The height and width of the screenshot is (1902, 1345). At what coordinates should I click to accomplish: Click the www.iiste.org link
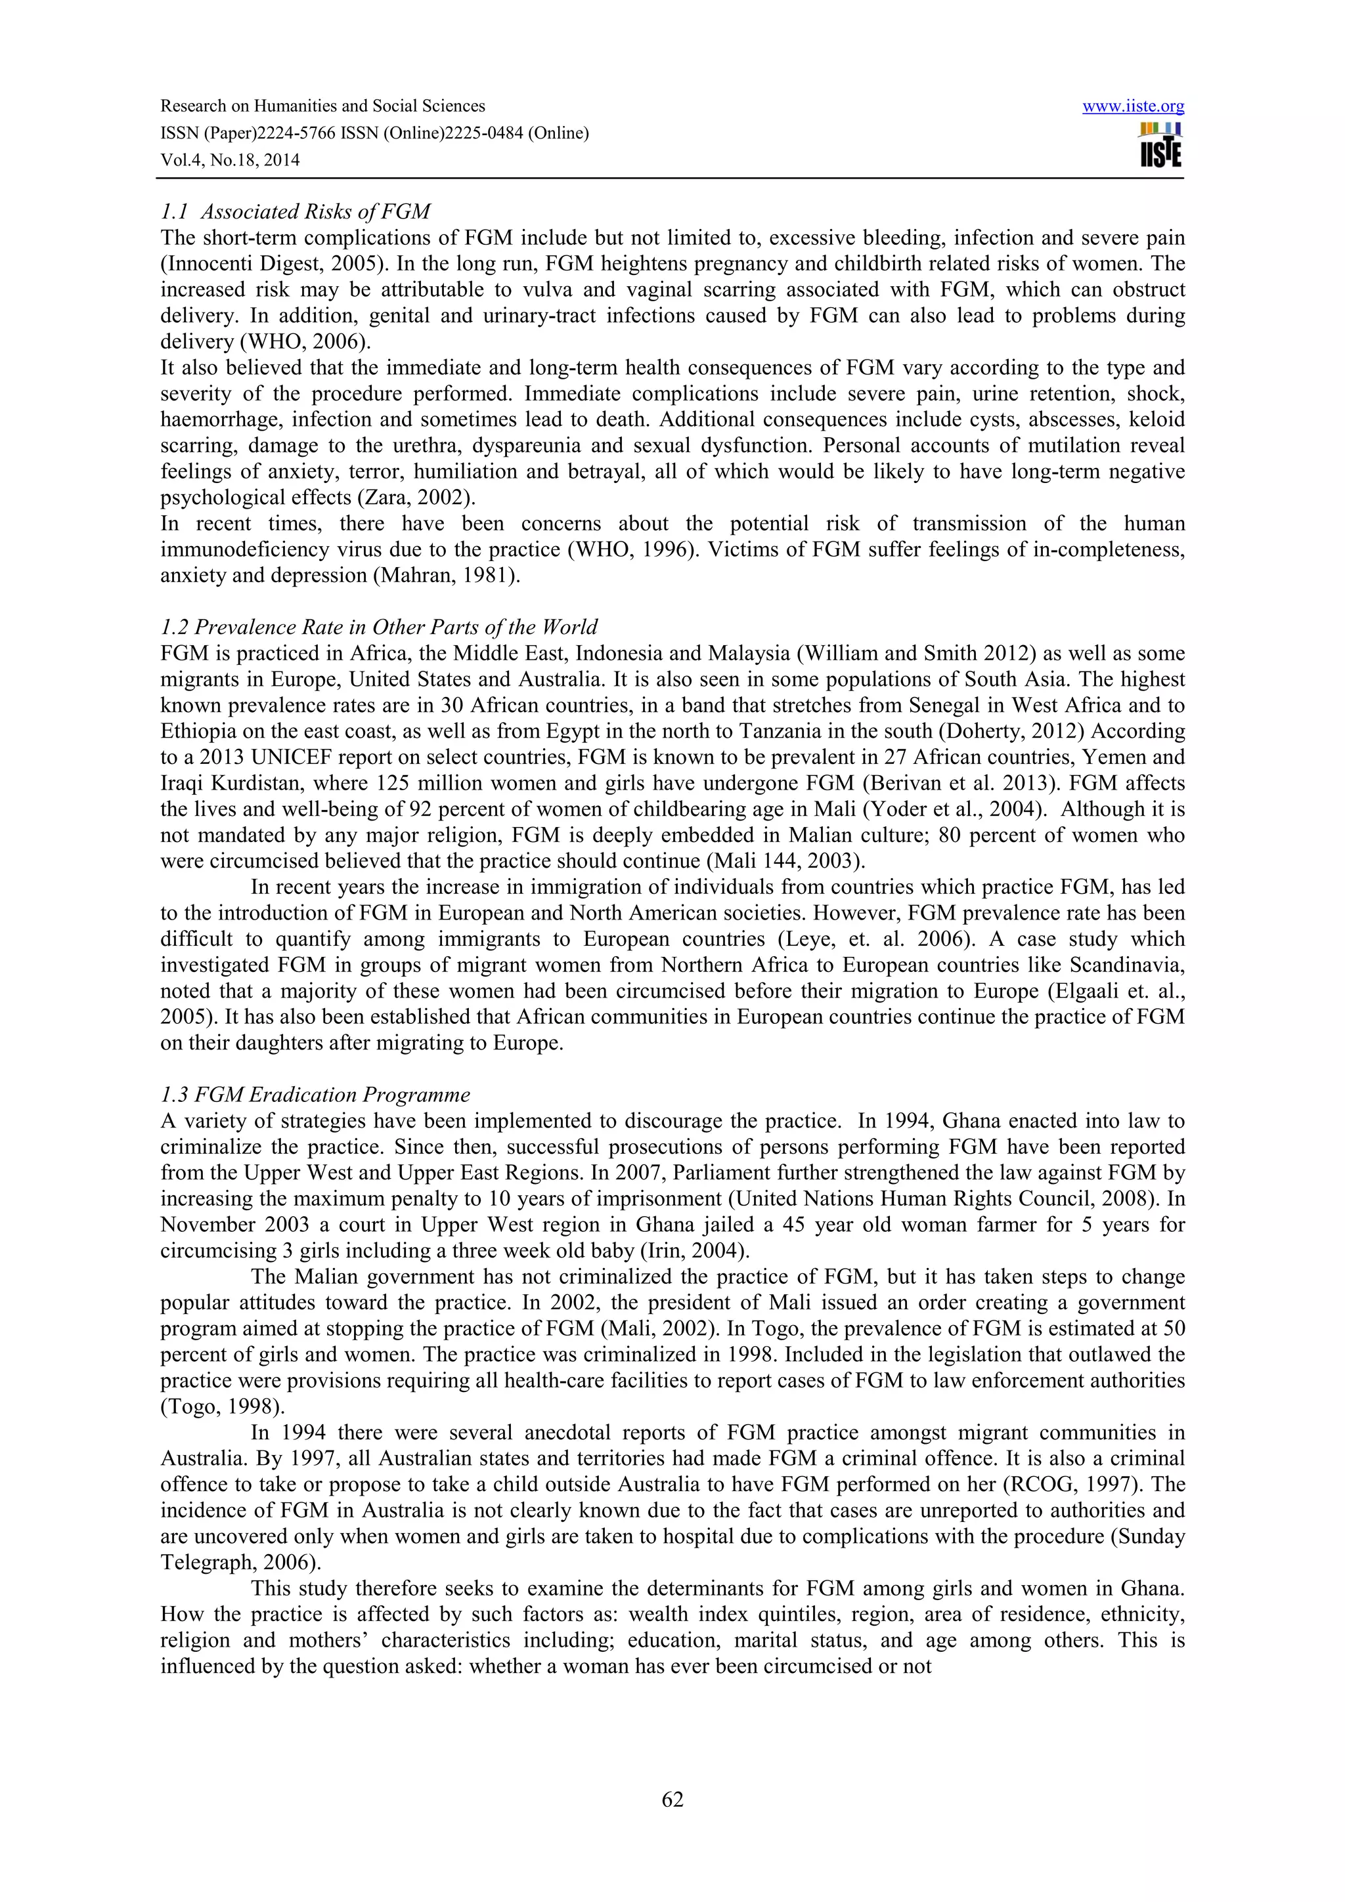coord(1133,107)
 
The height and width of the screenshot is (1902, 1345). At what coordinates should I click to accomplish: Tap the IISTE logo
coord(1160,146)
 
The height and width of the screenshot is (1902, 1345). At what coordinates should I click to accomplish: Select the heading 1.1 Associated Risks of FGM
coord(296,212)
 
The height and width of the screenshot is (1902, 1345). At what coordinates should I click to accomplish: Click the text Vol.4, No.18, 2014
coord(230,160)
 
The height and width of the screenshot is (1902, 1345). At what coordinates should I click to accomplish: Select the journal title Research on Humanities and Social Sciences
coord(322,106)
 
